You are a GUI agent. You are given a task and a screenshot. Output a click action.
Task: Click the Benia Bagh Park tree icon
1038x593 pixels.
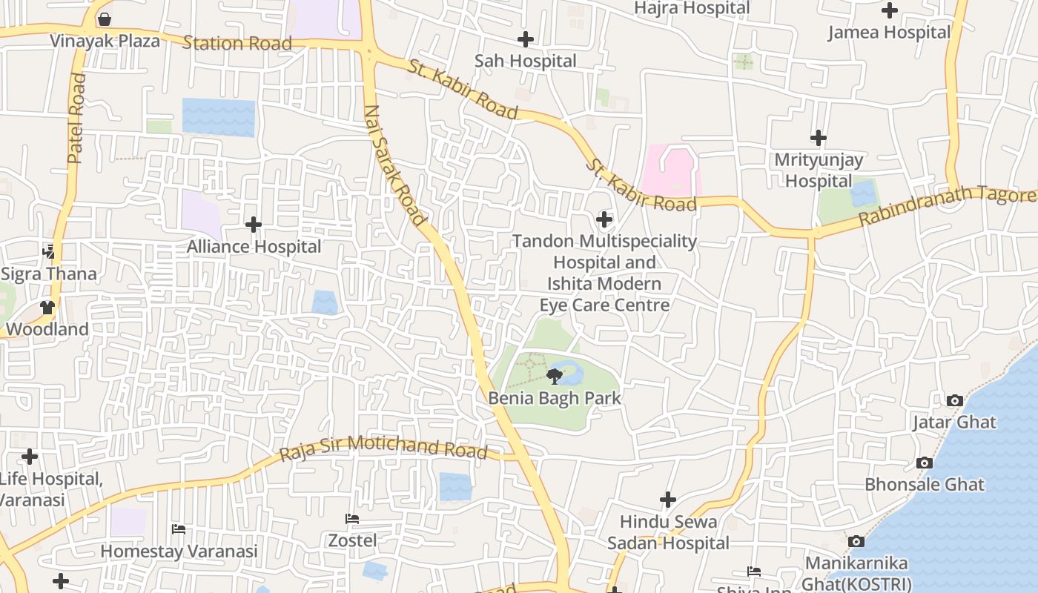pyautogui.click(x=554, y=377)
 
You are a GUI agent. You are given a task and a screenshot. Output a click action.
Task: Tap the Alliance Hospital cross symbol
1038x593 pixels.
pyautogui.click(x=254, y=224)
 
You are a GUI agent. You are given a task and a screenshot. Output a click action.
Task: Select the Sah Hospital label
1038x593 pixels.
pyautogui.click(x=525, y=61)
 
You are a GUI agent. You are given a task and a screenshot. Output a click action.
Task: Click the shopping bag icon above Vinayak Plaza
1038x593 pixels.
pyautogui.click(x=105, y=19)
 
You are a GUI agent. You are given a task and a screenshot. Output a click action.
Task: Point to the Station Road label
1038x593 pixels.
pyautogui.click(x=237, y=43)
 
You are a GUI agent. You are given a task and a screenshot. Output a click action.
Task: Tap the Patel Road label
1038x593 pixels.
pyautogui.click(x=76, y=118)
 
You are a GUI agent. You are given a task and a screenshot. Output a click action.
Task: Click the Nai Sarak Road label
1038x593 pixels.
pyautogui.click(x=394, y=165)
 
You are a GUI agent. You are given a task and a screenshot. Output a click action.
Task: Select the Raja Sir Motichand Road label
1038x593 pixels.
pyautogui.click(x=383, y=448)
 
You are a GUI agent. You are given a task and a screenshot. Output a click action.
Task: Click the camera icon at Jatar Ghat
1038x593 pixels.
pyautogui.click(x=954, y=401)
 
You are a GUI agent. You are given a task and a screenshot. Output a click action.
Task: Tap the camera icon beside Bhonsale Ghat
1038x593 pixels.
pyautogui.click(x=924, y=463)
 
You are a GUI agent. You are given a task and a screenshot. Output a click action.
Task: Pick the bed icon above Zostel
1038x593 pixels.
pyautogui.click(x=352, y=519)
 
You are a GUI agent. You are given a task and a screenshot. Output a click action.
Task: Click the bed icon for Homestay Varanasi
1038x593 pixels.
pyautogui.click(x=179, y=529)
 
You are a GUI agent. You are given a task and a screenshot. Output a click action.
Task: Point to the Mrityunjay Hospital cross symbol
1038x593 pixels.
pyautogui.click(x=819, y=138)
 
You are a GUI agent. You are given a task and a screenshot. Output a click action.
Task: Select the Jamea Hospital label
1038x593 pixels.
pyautogui.click(x=888, y=33)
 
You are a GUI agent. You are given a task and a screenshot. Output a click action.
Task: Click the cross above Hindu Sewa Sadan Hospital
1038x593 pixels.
pyautogui.click(x=668, y=500)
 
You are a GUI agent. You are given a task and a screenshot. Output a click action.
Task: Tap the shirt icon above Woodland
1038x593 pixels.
pyautogui.click(x=48, y=307)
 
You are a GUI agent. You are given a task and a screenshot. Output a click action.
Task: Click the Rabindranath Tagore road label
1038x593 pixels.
pyautogui.click(x=946, y=208)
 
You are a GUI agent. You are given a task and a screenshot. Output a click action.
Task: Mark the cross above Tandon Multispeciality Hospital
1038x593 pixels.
pyautogui.click(x=604, y=219)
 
